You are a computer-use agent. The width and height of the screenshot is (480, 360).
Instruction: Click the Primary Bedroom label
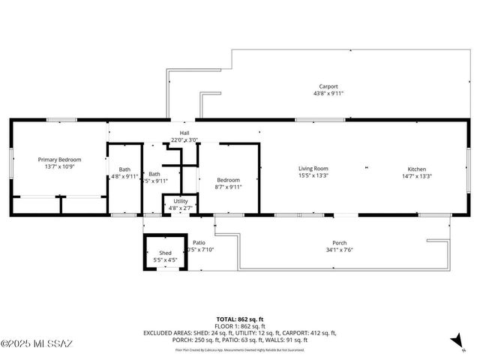(x=60, y=160)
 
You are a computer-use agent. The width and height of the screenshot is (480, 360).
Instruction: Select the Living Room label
(x=313, y=169)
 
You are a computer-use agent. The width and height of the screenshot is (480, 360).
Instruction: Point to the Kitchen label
(x=416, y=169)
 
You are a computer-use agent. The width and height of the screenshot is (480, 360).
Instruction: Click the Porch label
(x=340, y=243)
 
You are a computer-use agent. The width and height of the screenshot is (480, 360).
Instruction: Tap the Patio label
(x=199, y=242)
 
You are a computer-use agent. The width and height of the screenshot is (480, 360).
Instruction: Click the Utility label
(x=181, y=201)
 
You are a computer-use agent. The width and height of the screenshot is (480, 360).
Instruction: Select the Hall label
(x=184, y=133)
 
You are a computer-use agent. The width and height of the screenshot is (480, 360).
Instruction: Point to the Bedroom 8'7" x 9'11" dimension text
(x=228, y=187)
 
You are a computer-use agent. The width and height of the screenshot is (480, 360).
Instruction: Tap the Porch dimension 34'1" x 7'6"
(x=340, y=250)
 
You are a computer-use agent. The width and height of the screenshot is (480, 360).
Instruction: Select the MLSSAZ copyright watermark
(x=37, y=344)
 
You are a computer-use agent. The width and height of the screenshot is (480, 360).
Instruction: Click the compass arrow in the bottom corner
(x=455, y=342)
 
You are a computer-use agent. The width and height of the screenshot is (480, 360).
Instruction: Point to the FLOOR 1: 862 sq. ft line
(x=239, y=327)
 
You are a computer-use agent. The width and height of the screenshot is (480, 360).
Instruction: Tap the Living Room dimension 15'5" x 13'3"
(x=313, y=176)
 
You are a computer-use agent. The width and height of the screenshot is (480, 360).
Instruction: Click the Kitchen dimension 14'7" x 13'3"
(x=416, y=176)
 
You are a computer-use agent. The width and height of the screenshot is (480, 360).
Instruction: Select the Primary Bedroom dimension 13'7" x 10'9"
(x=60, y=166)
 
